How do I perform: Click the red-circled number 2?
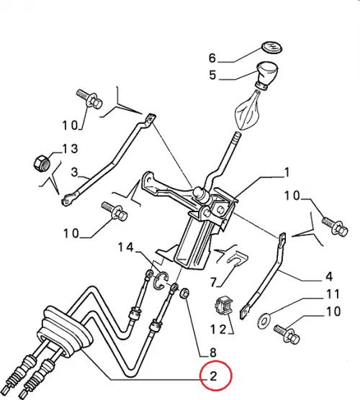213,376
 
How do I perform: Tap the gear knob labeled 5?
267,76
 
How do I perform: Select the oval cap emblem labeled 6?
272,47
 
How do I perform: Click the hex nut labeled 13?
42,163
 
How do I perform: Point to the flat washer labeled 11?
264,321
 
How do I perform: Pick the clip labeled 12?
224,306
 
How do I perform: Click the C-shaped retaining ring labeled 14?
160,281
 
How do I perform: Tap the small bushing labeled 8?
184,293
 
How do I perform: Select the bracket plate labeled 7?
237,258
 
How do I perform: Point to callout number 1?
287,173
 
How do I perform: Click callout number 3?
74,172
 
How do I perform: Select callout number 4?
329,276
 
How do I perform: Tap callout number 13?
71,148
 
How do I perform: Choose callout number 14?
125,247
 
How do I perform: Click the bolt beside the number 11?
287,334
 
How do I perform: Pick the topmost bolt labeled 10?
89,99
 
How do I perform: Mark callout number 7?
213,282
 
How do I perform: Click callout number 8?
213,353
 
